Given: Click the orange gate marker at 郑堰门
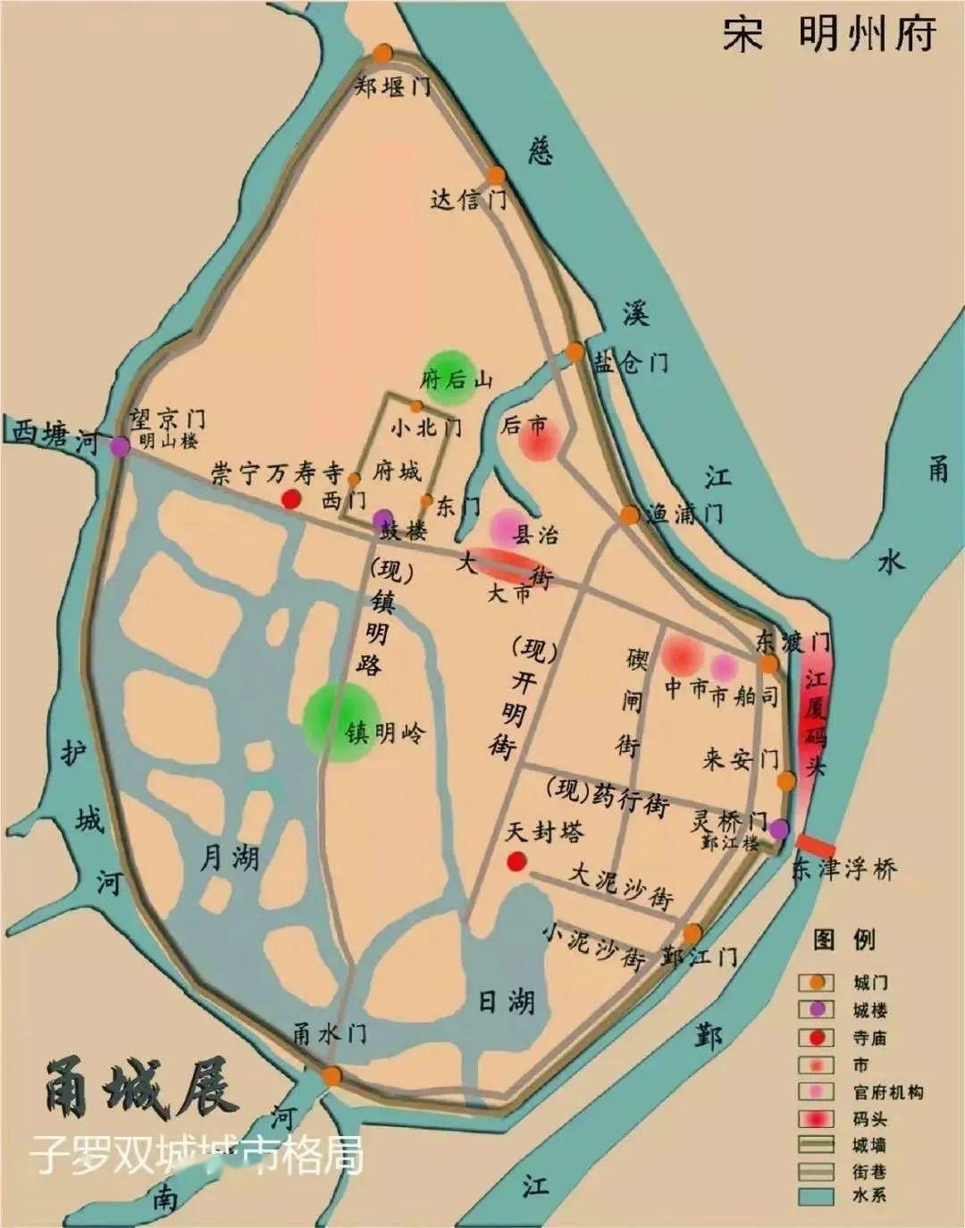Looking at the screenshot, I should point(383,54).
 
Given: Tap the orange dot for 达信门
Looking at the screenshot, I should point(496,176).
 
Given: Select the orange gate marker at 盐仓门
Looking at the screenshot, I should point(575,352).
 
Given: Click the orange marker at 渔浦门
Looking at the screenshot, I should point(630,515).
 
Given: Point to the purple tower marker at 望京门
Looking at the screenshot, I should point(119,447).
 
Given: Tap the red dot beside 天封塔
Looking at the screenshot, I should point(516,862).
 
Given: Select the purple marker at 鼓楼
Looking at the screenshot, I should point(380,519).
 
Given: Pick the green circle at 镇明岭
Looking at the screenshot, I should point(340,722).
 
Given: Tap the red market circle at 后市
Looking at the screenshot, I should point(540,439).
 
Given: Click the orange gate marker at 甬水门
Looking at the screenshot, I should point(332,1075).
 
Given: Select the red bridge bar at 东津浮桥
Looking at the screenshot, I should point(816,845).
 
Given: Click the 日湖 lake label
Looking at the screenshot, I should point(507,1000).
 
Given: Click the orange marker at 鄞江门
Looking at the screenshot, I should point(692,933).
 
